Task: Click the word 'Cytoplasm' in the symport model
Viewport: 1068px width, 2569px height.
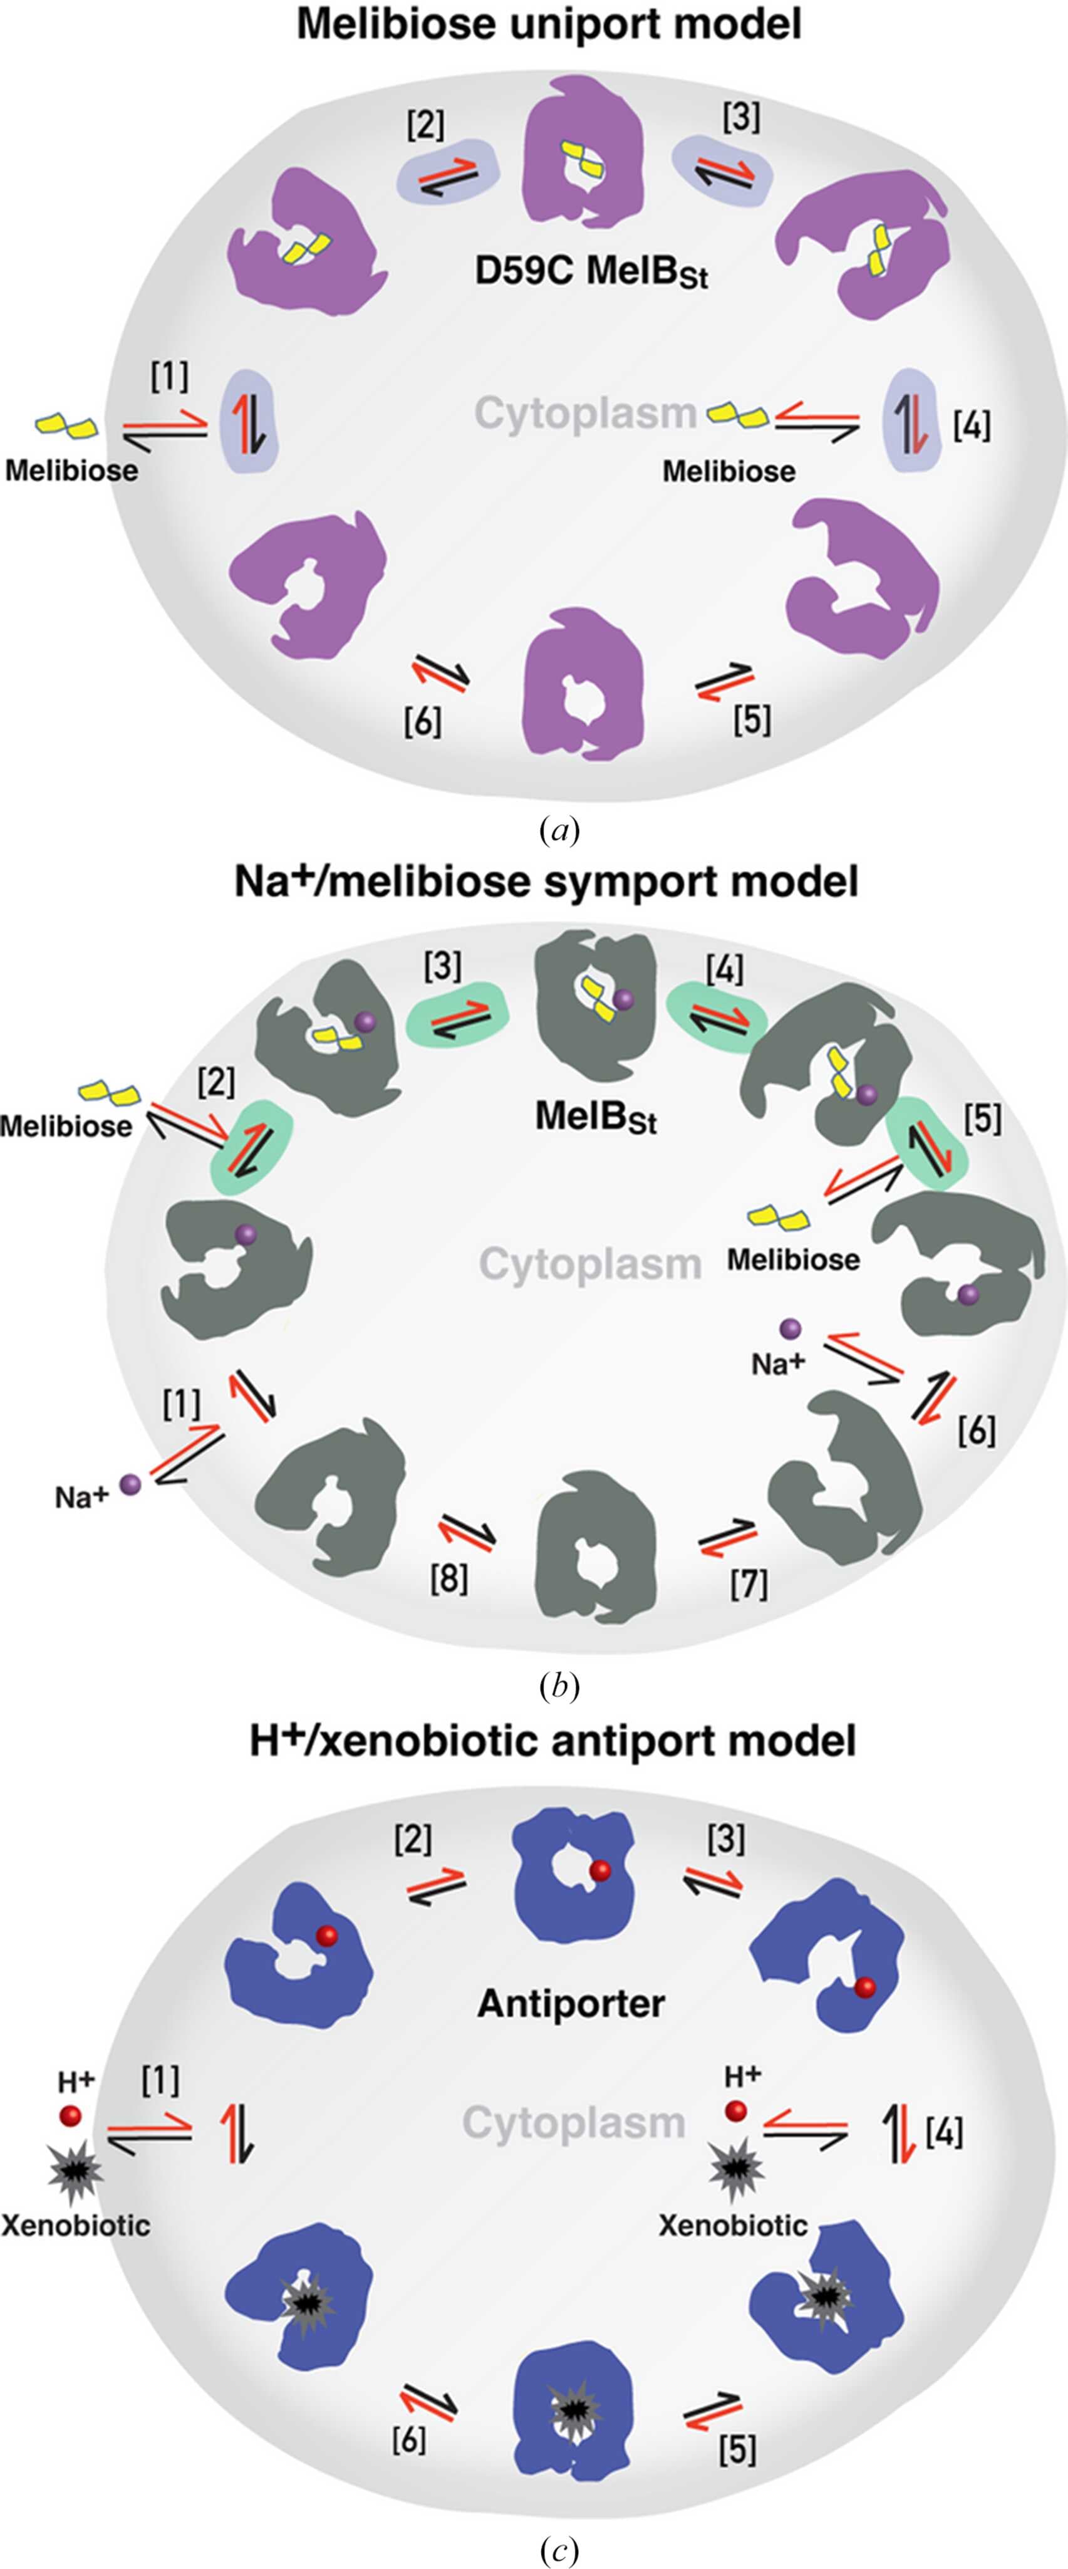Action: tap(590, 1264)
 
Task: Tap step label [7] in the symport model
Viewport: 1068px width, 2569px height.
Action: tap(749, 1583)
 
